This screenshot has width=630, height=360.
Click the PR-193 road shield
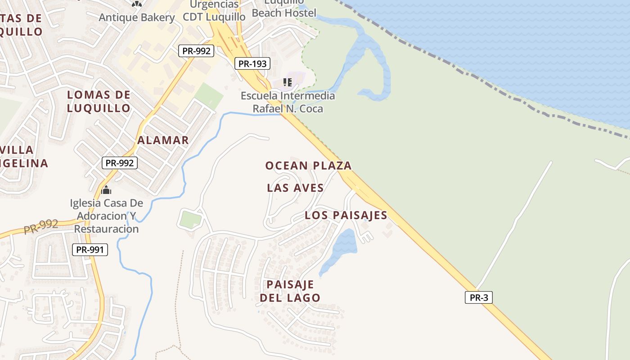[x=252, y=64]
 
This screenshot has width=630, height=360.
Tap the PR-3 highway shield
[x=479, y=297]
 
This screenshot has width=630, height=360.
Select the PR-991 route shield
[x=90, y=249]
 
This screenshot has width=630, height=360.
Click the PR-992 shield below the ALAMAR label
[x=119, y=163]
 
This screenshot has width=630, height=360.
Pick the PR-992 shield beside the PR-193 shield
[x=196, y=51]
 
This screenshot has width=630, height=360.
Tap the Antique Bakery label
[x=137, y=18]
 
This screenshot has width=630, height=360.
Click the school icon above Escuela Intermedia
[x=288, y=82]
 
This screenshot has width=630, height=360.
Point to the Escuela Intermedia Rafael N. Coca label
[x=288, y=102]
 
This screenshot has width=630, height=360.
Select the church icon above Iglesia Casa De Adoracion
[x=106, y=190]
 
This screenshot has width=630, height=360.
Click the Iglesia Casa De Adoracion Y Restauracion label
[x=106, y=216]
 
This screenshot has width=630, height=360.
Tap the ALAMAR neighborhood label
[x=163, y=140]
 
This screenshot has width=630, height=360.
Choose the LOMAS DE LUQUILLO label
[x=99, y=101]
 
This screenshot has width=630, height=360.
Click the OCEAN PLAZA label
[x=308, y=166]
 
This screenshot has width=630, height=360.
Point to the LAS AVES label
[x=295, y=188]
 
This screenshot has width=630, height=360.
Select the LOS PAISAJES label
[x=346, y=215]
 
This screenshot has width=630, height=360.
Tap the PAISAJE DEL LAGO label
[x=290, y=291]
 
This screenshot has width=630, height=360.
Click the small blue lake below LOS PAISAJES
[x=342, y=248]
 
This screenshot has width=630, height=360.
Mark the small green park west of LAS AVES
[x=190, y=220]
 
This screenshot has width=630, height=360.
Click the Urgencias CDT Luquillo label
[x=214, y=11]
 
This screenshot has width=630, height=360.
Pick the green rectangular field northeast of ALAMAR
[x=209, y=96]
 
